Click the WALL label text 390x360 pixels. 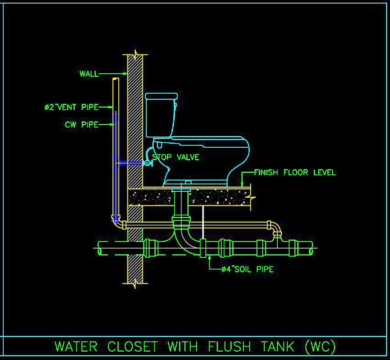pyautogui.click(x=89, y=74)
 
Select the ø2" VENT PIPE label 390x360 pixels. pyautogui.click(x=71, y=107)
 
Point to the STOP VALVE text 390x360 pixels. pyautogui.click(x=176, y=157)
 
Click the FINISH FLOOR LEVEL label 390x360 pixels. pyautogui.click(x=295, y=172)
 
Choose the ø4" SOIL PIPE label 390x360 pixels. pyautogui.click(x=247, y=269)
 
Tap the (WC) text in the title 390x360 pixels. pyautogui.click(x=320, y=346)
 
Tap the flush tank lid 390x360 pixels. pyautogui.click(x=161, y=96)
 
